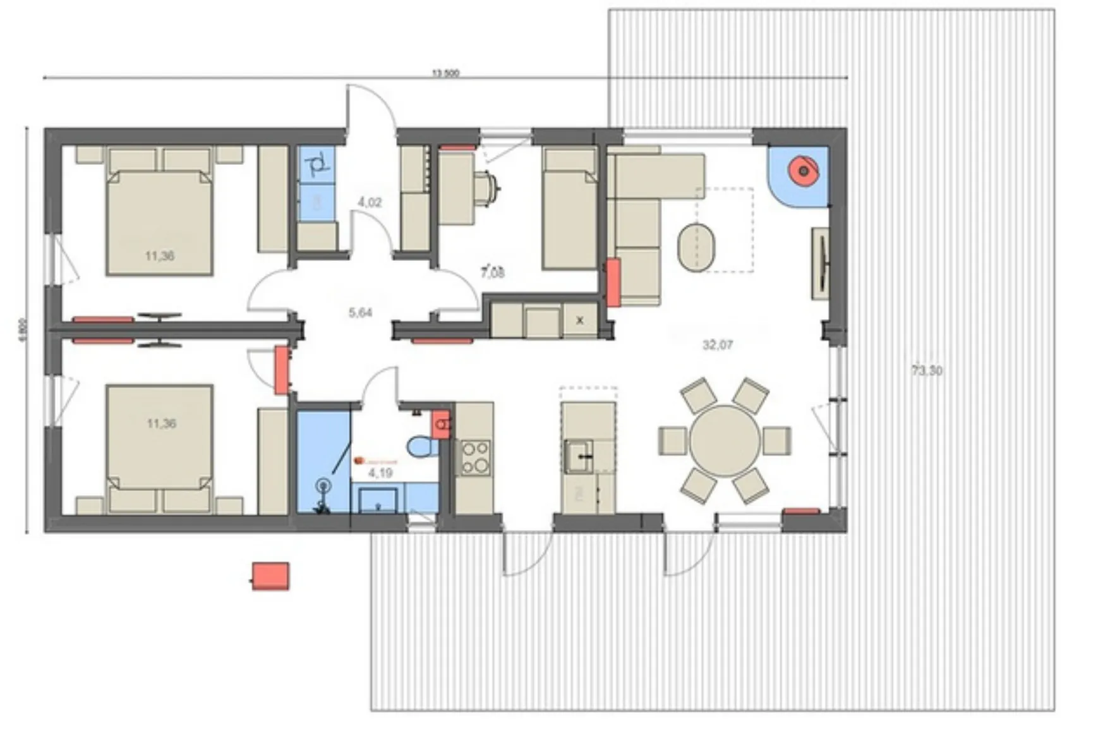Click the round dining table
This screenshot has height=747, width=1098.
click(725, 440)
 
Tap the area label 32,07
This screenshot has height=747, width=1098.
click(718, 345)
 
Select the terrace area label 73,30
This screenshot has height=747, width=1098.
click(927, 371)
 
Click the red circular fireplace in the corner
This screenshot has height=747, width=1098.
click(802, 171)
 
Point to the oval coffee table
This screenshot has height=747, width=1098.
click(697, 247)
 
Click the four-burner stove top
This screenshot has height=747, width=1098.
click(475, 457)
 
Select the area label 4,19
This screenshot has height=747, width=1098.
click(380, 473)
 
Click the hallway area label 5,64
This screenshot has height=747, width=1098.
click(360, 312)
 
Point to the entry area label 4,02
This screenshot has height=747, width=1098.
click(370, 203)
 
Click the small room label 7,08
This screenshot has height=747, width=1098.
click(493, 273)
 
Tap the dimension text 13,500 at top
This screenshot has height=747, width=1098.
click(445, 73)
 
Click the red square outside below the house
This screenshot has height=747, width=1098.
click(270, 576)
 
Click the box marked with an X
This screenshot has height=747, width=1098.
click(580, 320)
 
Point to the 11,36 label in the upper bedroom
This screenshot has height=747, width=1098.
click(159, 256)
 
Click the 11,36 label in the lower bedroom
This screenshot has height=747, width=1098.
click(161, 423)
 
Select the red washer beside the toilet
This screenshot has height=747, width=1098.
click(441, 424)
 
